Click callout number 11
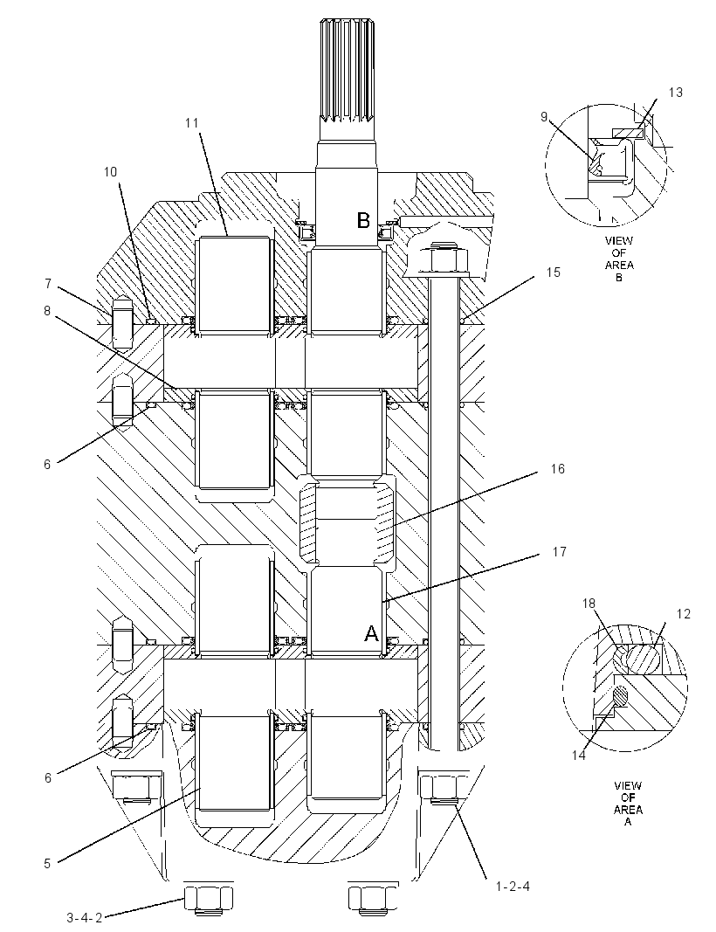(x=190, y=123)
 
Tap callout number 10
(x=111, y=172)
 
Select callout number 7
(x=48, y=284)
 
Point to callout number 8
(x=48, y=310)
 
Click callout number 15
(x=554, y=273)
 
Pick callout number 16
(x=557, y=469)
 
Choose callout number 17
(x=559, y=551)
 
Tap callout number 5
(x=48, y=864)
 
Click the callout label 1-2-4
(x=513, y=887)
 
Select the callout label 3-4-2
(x=83, y=918)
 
